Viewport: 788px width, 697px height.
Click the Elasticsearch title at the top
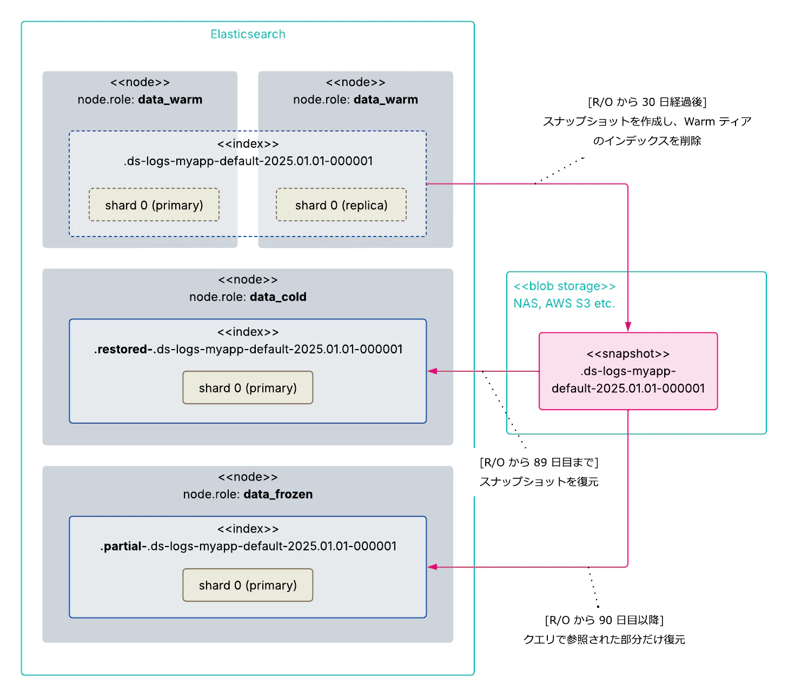pyautogui.click(x=248, y=34)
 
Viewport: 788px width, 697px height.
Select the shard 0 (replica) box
pyautogui.click(x=341, y=205)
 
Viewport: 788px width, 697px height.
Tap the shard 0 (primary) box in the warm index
pyautogui.click(x=154, y=205)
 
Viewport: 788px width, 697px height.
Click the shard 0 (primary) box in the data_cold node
pyautogui.click(x=248, y=388)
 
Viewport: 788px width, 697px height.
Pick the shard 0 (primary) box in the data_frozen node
pyautogui.click(x=248, y=585)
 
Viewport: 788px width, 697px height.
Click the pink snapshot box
pyautogui.click(x=628, y=371)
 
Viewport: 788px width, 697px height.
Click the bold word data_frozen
pyautogui.click(x=278, y=494)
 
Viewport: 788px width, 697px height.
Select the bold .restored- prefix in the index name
pyautogui.click(x=124, y=349)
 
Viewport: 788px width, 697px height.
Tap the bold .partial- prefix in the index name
pyautogui.click(x=124, y=546)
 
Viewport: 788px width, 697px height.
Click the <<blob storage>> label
pyautogui.click(x=564, y=286)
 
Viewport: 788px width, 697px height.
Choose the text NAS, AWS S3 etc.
pyautogui.click(x=564, y=303)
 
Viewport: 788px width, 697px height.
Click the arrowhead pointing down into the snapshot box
pyautogui.click(x=628, y=327)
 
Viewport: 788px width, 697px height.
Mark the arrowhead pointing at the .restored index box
pyautogui.click(x=432, y=371)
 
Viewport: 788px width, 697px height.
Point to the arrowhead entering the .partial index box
pyautogui.click(x=432, y=567)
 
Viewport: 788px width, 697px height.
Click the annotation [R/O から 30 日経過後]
pyautogui.click(x=647, y=102)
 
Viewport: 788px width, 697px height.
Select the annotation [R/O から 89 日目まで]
pyautogui.click(x=539, y=462)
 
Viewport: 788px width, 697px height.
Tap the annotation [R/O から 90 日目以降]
pyautogui.click(x=604, y=620)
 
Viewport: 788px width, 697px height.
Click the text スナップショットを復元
pyautogui.click(x=539, y=482)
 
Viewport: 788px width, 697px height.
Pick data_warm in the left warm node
pyautogui.click(x=170, y=100)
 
